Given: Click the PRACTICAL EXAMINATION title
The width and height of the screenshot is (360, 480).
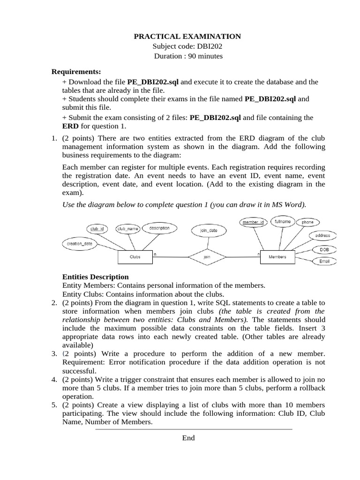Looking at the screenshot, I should [187, 36].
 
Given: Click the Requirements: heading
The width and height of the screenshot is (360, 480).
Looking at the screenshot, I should [76, 72].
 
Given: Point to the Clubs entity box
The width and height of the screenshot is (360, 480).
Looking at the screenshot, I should [135, 257].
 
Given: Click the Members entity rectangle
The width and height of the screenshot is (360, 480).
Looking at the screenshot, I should [277, 257].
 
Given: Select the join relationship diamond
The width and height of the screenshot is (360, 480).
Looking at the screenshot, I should [207, 257].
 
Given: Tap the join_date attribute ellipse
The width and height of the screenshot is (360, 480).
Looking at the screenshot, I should [209, 231].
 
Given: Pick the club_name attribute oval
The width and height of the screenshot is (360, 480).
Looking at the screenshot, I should [127, 229].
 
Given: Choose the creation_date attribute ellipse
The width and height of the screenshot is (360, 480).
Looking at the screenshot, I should [80, 244].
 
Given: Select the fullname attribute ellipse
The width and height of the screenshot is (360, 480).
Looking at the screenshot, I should [282, 221].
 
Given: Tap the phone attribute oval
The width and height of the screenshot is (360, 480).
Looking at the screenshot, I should [307, 222].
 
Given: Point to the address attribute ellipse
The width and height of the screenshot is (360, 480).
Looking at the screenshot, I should [322, 235].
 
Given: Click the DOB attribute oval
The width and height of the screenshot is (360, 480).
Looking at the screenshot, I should [324, 249].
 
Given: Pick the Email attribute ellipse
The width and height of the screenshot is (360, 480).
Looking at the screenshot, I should [324, 261].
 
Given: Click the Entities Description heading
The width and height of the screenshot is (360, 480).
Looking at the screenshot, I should [95, 277].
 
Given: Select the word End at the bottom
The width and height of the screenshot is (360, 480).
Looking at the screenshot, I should [188, 438].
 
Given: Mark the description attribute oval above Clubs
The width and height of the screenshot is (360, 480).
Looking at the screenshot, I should [159, 228].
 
